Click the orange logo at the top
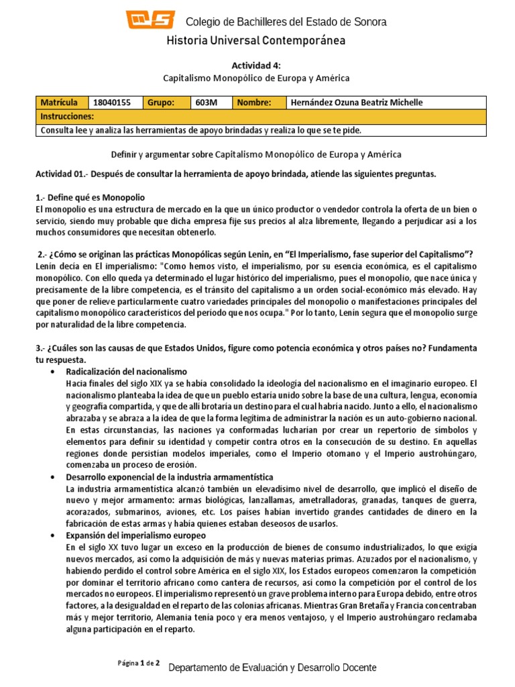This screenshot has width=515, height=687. [x=152, y=19]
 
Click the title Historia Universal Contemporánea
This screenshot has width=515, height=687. [x=257, y=42]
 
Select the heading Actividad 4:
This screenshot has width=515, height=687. [x=257, y=65]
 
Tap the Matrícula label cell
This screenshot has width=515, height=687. [x=61, y=103]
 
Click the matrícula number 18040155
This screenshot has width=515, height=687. [x=113, y=103]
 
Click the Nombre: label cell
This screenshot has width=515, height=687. [x=253, y=103]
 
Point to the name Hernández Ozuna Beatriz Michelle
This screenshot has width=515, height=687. [x=355, y=103]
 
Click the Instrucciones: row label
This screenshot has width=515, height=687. [x=69, y=116]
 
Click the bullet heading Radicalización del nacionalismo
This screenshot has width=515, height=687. [x=126, y=371]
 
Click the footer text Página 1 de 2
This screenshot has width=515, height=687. [x=139, y=664]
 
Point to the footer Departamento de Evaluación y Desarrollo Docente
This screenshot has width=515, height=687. [x=272, y=668]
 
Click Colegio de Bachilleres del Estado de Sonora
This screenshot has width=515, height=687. [x=285, y=22]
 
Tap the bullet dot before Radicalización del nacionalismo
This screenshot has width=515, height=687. [x=52, y=372]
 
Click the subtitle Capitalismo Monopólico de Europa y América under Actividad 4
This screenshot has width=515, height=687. [x=257, y=78]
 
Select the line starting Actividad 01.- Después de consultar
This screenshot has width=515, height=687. [x=235, y=174]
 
